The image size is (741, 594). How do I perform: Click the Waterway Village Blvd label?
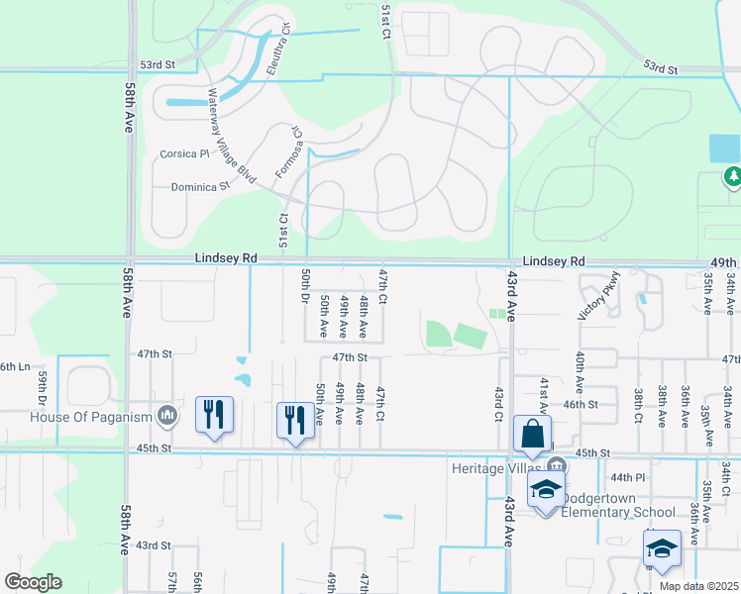click(231, 137)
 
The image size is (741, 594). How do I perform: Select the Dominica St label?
click(200, 185)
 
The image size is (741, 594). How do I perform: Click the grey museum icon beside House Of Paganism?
click(166, 414)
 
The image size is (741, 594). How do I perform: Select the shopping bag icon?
click(532, 434)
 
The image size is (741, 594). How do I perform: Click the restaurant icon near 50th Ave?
click(294, 421)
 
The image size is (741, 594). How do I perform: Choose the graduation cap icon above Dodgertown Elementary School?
click(545, 490)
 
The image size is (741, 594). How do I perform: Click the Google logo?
click(33, 582)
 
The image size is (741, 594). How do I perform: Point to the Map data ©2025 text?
click(699, 585)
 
